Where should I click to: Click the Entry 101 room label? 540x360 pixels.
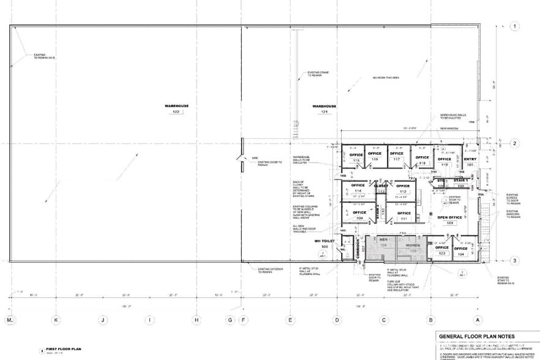(470, 161)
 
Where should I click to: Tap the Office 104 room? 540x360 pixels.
(461, 251)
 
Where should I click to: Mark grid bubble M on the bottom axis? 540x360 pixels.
(9, 320)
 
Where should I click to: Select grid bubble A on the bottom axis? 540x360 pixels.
(478, 320)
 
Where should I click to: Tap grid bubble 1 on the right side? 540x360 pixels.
(515, 26)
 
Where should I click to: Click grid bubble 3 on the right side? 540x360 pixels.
(515, 261)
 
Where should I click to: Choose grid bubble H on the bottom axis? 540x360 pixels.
(197, 320)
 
